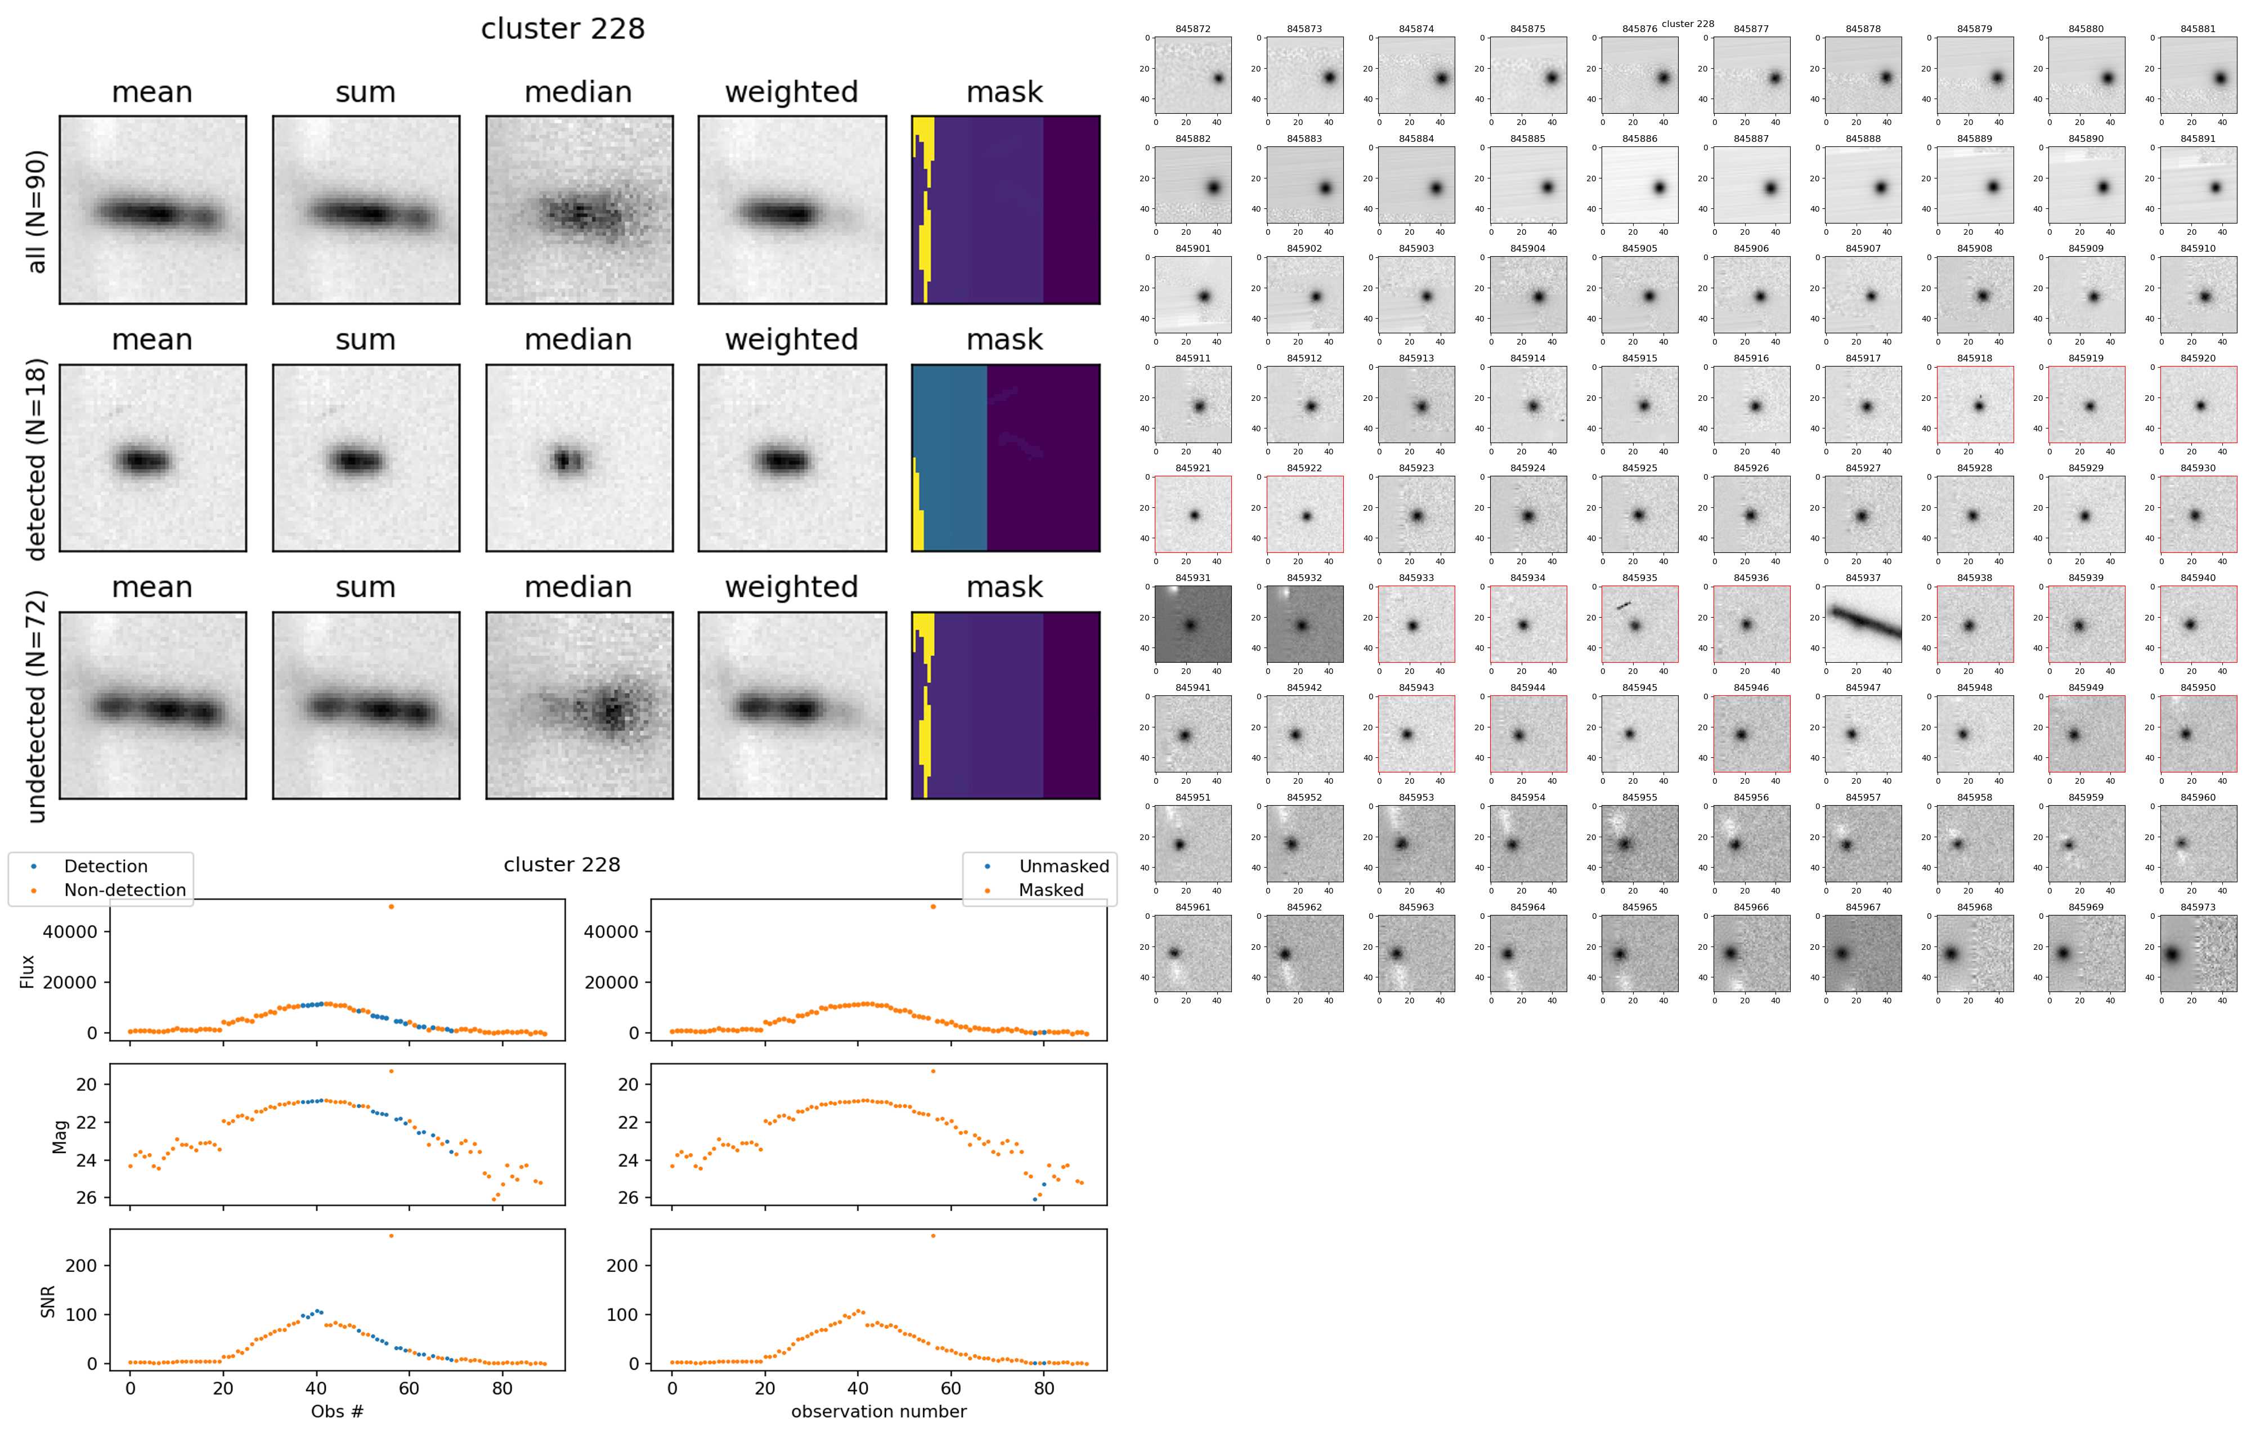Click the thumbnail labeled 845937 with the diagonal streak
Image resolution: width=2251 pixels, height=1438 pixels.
tap(1863, 624)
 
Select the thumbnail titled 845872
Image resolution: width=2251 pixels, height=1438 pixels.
tap(1193, 76)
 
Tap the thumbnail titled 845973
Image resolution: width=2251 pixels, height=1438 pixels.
tap(2198, 954)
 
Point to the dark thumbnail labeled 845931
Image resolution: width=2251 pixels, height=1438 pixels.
tap(1193, 624)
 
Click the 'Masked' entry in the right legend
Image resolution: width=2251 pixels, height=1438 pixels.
tap(1051, 890)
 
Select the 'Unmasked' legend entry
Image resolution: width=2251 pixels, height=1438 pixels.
tap(1064, 867)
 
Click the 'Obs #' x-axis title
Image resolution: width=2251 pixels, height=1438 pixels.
tap(338, 1411)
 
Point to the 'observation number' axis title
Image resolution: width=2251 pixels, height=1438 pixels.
tap(878, 1411)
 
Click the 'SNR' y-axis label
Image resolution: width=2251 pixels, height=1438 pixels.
tap(48, 1302)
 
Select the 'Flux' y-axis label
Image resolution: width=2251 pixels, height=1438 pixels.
tap(28, 971)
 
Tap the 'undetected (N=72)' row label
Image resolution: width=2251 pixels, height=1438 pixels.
tap(37, 706)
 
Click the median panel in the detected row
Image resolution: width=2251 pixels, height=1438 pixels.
tap(579, 458)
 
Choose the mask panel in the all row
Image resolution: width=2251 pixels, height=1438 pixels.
tap(1005, 211)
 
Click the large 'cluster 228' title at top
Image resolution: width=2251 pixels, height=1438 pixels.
tap(563, 29)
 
